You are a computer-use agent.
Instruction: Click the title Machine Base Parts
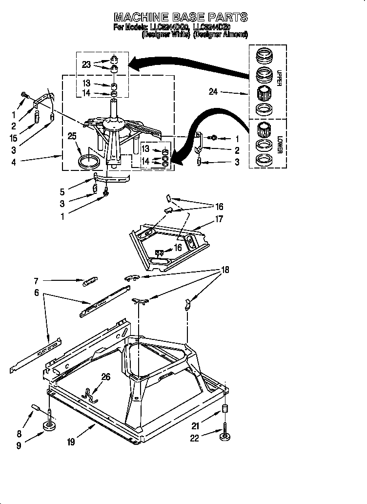181,17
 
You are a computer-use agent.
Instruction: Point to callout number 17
219,219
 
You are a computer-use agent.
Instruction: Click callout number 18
225,270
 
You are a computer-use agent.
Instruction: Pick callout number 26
105,377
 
